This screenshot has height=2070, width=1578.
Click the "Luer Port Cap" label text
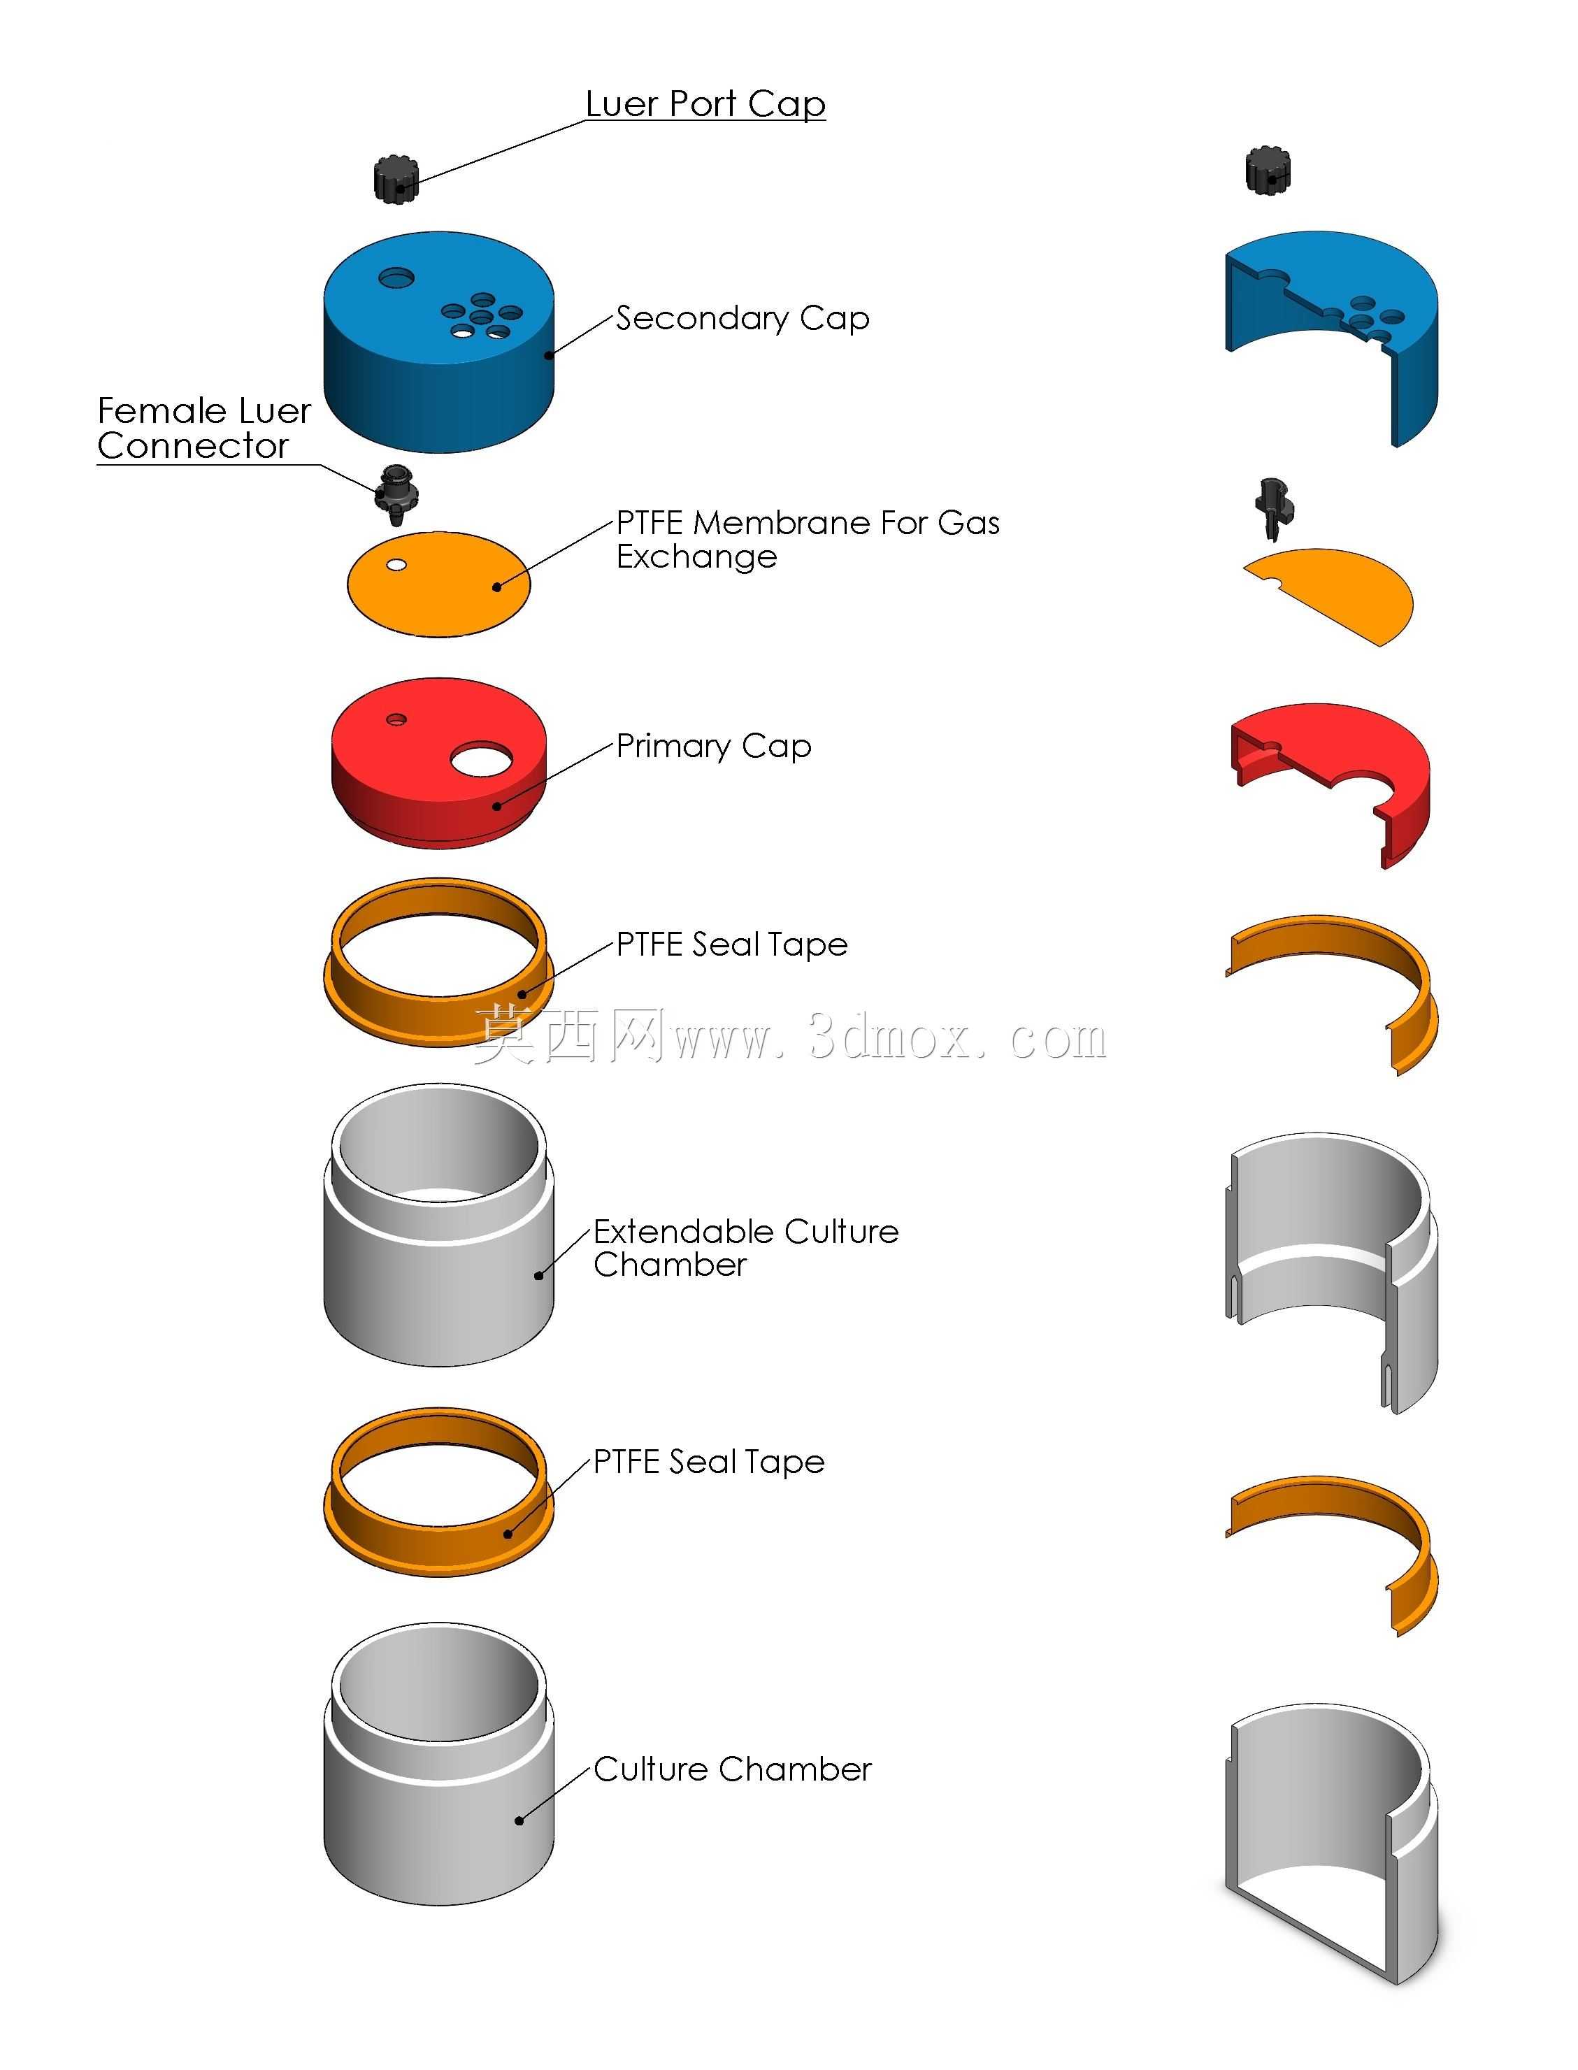tap(705, 104)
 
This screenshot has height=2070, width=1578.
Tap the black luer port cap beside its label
tap(396, 178)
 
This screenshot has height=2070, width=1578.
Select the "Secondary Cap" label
tap(742, 318)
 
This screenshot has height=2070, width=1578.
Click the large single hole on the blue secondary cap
tap(396, 278)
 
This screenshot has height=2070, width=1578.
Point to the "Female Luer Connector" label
tap(204, 427)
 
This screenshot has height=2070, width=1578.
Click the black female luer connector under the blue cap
tap(396, 493)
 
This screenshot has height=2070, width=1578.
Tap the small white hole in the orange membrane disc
tap(396, 564)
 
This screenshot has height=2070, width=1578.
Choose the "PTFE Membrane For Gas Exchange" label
tap(808, 539)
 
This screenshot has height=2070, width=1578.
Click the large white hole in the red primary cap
tap(482, 759)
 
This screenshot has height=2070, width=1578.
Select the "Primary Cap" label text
tap(714, 747)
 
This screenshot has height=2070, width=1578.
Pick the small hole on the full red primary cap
tap(396, 719)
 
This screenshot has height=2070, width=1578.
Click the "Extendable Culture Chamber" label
tap(746, 1247)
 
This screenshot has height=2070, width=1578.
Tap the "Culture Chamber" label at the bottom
tap(733, 1769)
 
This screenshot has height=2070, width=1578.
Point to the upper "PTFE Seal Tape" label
tap(732, 944)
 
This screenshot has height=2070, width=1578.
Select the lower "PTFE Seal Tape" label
tap(709, 1461)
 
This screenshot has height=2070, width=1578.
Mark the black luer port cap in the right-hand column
tap(1268, 170)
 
